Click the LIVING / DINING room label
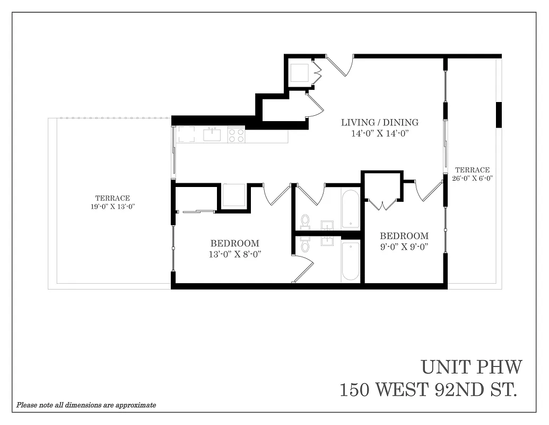[x=379, y=122]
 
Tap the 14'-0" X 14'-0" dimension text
[x=379, y=133]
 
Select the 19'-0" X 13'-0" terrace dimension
[x=112, y=207]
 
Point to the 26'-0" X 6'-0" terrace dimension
[x=472, y=178]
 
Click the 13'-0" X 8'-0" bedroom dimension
[x=234, y=254]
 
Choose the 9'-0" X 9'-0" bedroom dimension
[x=404, y=246]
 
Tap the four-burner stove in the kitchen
[x=236, y=134]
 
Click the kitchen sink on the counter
[x=212, y=134]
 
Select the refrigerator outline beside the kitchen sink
[x=186, y=134]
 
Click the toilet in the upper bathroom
[x=305, y=220]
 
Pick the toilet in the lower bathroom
[x=305, y=245]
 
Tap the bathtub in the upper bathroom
[x=351, y=209]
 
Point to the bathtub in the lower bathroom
[x=351, y=261]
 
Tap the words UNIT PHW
[x=472, y=367]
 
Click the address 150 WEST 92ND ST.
[x=428, y=390]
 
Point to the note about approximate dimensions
[x=86, y=405]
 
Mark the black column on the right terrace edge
[x=499, y=115]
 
